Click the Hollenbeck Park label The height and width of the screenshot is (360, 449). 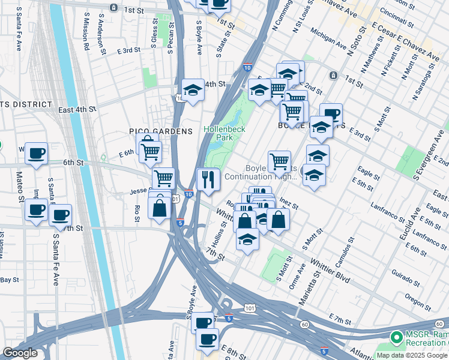click(x=217, y=133)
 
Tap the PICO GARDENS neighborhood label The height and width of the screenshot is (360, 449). click(x=161, y=131)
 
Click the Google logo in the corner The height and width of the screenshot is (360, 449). click(x=20, y=353)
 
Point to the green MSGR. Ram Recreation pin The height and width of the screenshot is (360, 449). click(x=396, y=338)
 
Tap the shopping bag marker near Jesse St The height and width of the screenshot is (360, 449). click(x=159, y=209)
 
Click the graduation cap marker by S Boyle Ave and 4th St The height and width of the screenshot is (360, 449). click(x=193, y=91)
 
